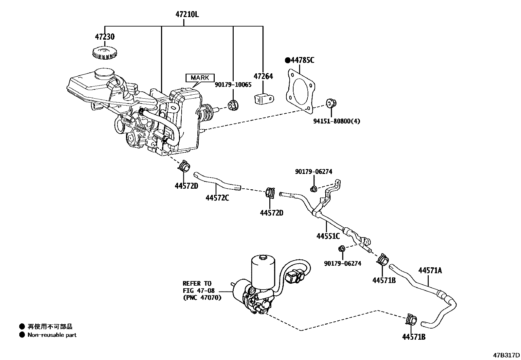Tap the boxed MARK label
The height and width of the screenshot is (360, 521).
coord(200,78)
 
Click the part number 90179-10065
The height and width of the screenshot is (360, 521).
coord(233,85)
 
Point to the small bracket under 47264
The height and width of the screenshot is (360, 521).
coord(264,98)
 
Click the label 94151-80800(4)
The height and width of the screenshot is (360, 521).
coord(336,121)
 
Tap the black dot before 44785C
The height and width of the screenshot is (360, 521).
coord(288,60)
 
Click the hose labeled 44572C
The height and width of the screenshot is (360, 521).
coord(218,181)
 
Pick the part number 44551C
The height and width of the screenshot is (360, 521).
coord(328,236)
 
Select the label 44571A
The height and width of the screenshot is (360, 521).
coord(430,270)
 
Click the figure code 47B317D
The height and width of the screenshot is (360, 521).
coord(507,355)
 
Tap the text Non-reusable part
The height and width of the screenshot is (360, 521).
coord(52,335)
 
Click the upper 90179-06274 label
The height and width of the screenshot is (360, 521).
coord(314,172)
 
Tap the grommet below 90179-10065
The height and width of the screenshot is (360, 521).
coord(234,105)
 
